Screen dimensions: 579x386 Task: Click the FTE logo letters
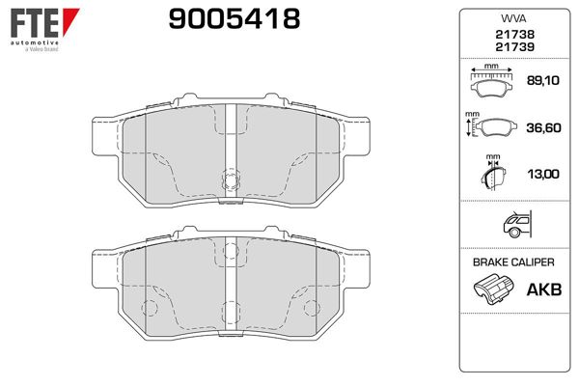pos(35,23)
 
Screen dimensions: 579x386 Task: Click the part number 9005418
pos(234,19)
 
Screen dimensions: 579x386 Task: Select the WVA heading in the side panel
pos(513,18)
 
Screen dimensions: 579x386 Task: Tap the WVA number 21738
pos(514,35)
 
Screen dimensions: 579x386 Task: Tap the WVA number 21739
pos(514,47)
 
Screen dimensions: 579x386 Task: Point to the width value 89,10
pos(542,80)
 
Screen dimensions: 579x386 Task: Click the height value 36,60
pos(543,127)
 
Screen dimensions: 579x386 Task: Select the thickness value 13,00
pos(543,174)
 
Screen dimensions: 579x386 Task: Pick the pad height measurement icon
pos(491,125)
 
